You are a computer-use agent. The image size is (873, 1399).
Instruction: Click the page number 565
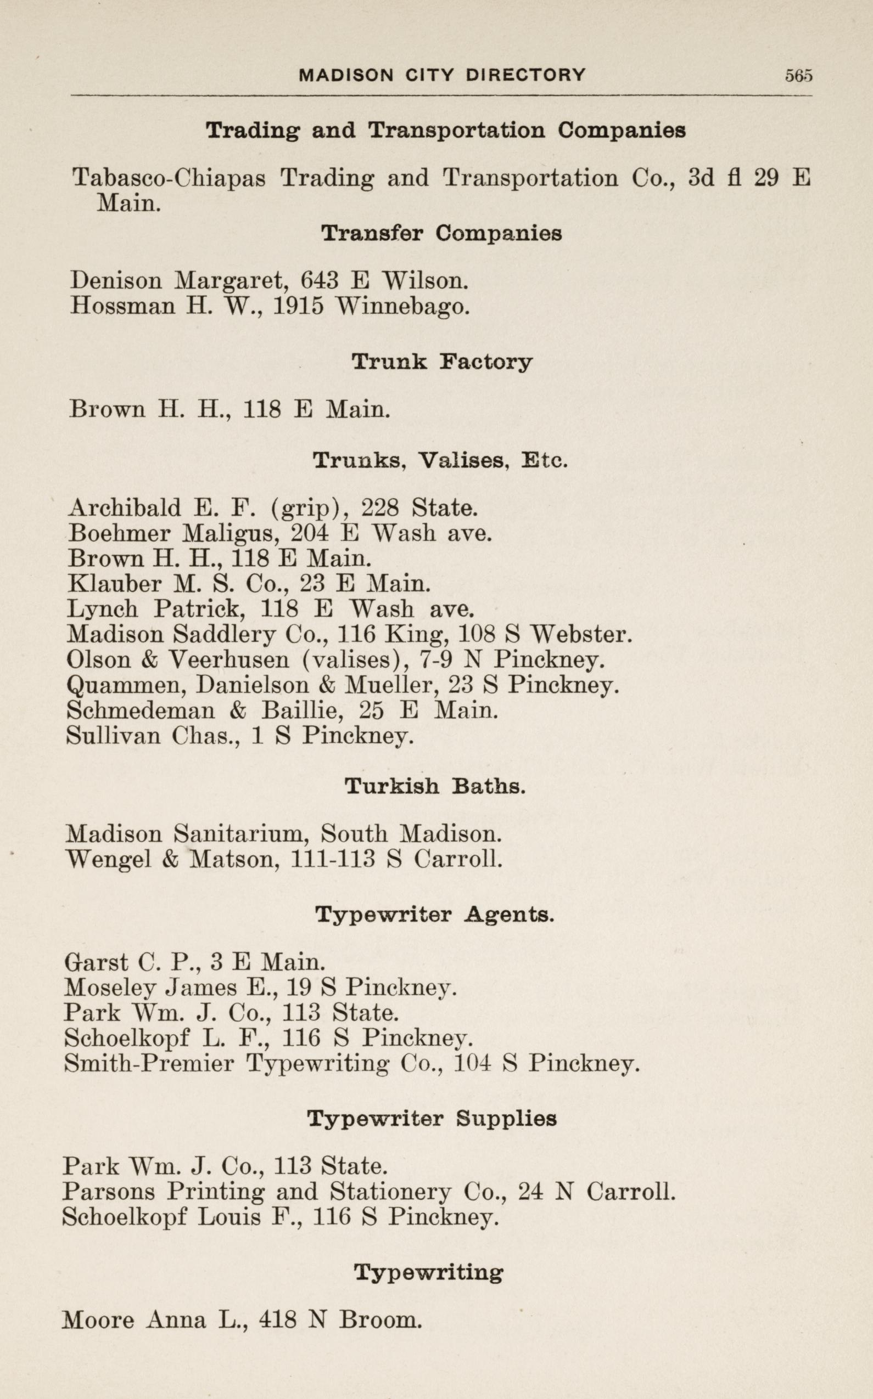click(798, 76)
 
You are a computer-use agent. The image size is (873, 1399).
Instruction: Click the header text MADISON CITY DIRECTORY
click(441, 75)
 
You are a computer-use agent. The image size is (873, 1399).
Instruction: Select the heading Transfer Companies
click(441, 234)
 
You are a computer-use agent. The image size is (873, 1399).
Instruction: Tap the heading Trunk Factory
click(441, 362)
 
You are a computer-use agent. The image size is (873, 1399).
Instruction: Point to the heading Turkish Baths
click(435, 786)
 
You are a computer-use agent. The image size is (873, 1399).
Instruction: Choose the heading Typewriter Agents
click(434, 915)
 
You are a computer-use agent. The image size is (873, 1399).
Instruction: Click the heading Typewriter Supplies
click(432, 1119)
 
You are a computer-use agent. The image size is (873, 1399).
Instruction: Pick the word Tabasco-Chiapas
click(169, 178)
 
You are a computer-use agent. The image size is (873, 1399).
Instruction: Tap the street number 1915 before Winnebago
click(298, 306)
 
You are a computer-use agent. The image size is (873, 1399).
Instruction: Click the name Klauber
click(114, 584)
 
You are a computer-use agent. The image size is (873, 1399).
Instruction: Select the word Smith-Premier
click(149, 1063)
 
